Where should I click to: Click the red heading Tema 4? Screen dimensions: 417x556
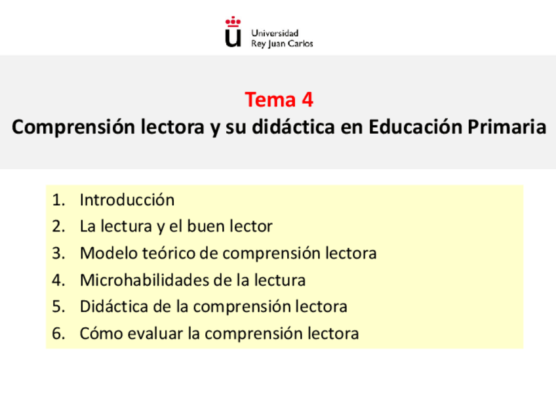[279, 100]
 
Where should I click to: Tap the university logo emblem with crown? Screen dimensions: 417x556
[233, 32]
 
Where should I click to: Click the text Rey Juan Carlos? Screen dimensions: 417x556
[282, 43]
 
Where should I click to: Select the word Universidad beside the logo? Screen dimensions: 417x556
[275, 33]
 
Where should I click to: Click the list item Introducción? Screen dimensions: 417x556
[127, 199]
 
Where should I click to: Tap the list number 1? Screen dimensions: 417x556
[58, 199]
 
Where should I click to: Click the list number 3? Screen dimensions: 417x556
[58, 253]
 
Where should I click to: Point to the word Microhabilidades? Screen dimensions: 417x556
[144, 280]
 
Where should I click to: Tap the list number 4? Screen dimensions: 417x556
[58, 280]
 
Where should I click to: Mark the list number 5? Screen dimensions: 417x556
[58, 306]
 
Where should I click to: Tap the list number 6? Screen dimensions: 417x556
[58, 333]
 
